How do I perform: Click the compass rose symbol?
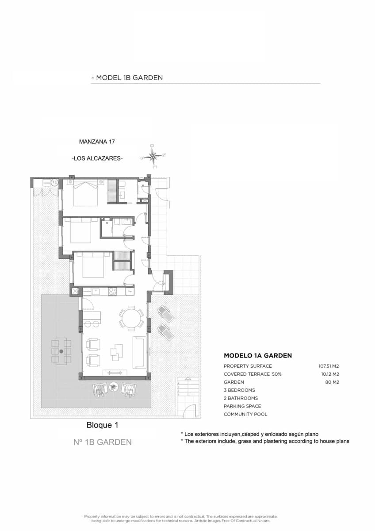[153, 156]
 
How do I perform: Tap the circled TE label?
[54, 182]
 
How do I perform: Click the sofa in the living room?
[139, 352]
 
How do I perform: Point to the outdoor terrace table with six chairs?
[61, 351]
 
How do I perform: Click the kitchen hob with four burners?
[113, 292]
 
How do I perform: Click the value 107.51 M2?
[329, 366]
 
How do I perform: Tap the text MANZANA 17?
[97, 142]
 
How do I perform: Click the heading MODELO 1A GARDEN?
[257, 355]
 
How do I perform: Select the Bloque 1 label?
[102, 425]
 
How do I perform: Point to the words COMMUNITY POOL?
[245, 414]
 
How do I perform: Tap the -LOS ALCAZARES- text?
[97, 158]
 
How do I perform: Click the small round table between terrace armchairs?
[114, 387]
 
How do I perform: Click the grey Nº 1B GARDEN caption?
[102, 442]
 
